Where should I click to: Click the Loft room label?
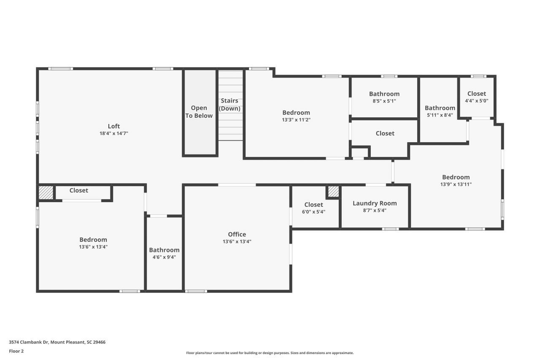tap(113, 126)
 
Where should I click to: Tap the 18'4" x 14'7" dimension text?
tap(113, 133)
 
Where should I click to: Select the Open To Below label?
tap(199, 112)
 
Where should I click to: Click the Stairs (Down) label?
tap(229, 105)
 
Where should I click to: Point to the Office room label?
tap(237, 235)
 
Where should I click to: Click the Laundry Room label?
tap(375, 203)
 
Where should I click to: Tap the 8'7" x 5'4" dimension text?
tap(375, 211)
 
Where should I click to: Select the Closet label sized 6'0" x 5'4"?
tap(313, 205)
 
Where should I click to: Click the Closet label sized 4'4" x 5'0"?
tap(476, 94)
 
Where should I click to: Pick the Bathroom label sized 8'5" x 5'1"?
tap(384, 94)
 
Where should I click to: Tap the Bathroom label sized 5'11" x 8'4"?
tap(440, 108)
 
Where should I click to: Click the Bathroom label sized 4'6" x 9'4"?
tap(164, 250)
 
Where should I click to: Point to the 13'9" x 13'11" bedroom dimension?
tap(456, 184)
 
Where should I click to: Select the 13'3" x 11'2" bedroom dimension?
tap(296, 120)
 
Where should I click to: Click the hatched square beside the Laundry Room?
tap(333, 192)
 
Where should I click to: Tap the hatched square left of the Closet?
tap(46, 192)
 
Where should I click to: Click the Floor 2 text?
tap(16, 351)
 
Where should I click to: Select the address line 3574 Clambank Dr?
tap(57, 342)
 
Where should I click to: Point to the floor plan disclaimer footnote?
tap(270, 353)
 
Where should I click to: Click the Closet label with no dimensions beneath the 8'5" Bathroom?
tap(385, 133)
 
